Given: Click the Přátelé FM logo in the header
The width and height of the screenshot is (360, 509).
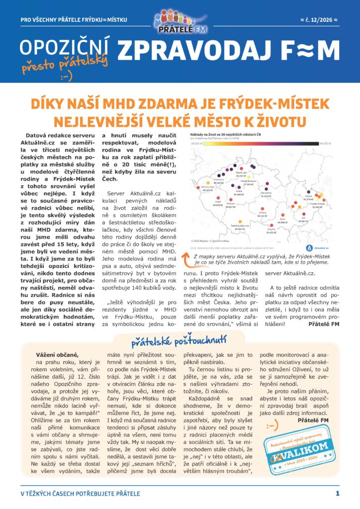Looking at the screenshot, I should (180, 22).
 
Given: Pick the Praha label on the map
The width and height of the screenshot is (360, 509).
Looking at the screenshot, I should (239, 191).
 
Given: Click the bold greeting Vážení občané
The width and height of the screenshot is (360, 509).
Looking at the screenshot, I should (58, 354).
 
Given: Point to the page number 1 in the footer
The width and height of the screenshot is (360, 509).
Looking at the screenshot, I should (338, 494).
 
